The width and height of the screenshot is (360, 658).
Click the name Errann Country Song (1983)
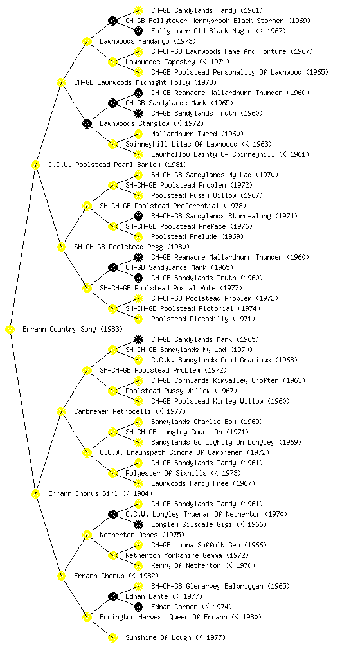(73, 330)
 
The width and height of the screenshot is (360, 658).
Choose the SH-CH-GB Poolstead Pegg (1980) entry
(132, 247)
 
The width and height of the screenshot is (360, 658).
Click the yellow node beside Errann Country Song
(10, 330)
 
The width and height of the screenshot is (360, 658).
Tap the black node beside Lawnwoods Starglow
(87, 124)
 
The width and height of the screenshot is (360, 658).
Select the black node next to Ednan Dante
(113, 596)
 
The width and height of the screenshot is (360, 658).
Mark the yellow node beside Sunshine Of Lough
(113, 638)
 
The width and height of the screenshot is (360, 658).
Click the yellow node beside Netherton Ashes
(87, 535)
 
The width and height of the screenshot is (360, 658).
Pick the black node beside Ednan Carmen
(138, 607)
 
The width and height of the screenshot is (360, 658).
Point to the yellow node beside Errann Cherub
(61, 576)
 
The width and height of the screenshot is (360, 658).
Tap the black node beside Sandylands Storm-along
(138, 216)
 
